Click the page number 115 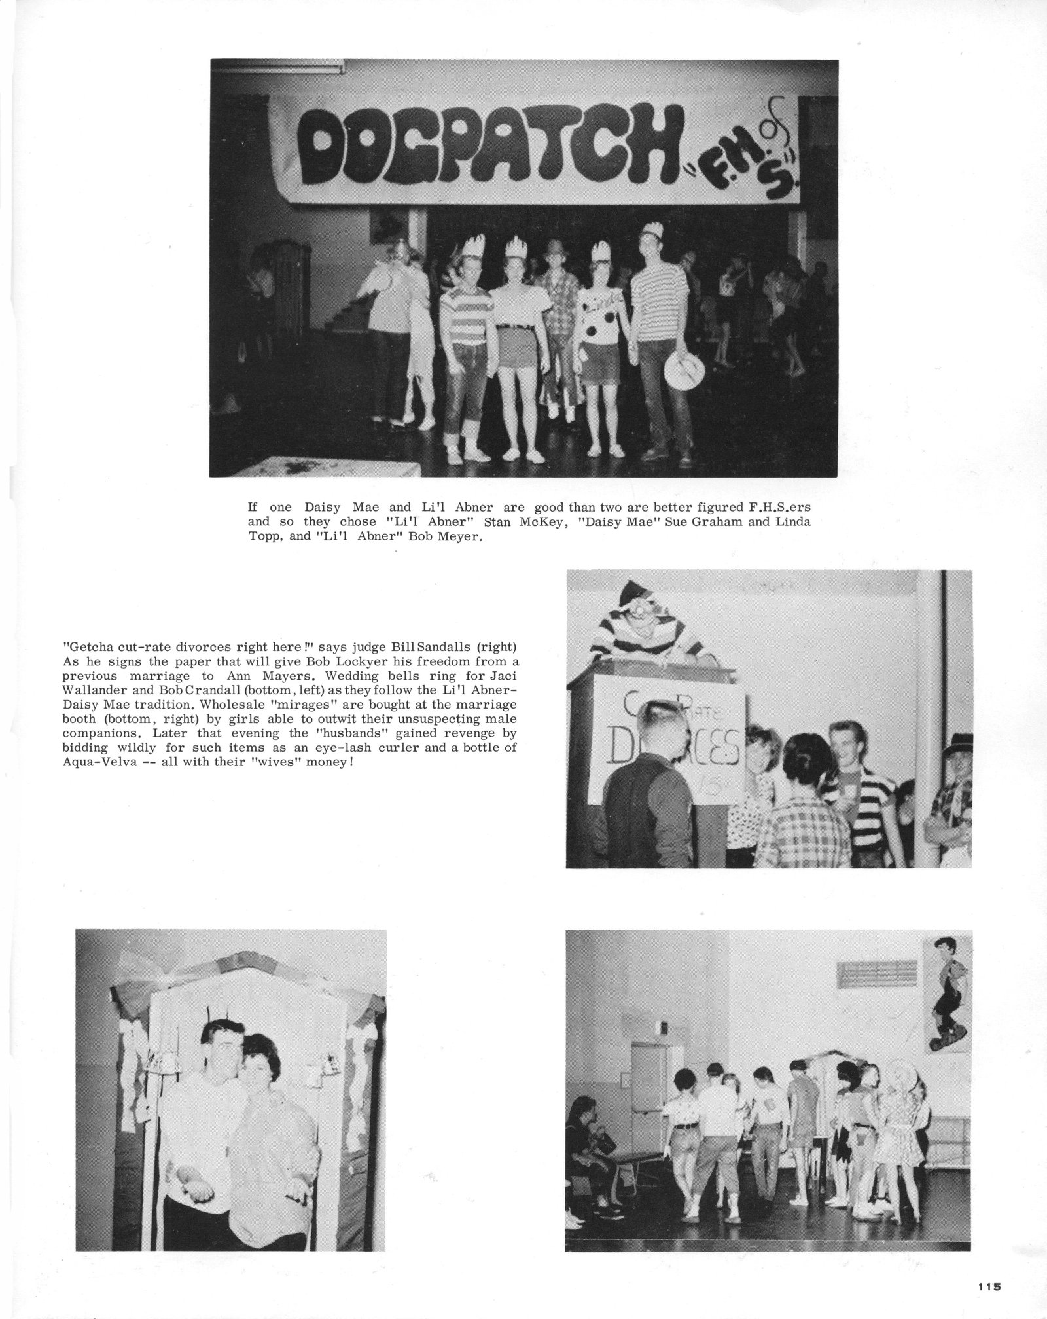(x=991, y=1286)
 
